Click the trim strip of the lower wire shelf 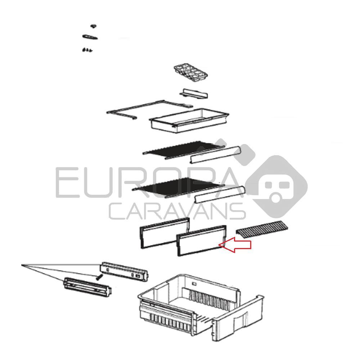coord(220,194)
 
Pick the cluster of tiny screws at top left coord(87,50)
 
